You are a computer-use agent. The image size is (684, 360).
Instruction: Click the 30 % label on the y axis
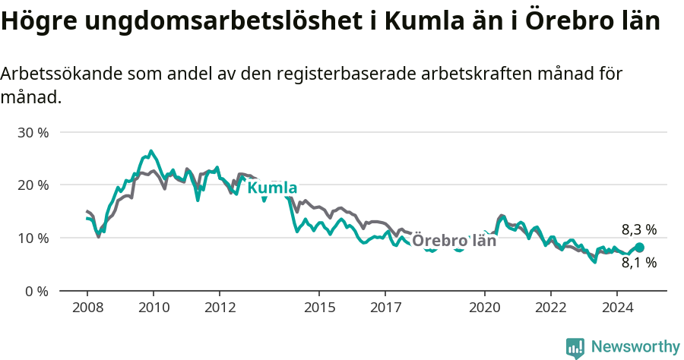click(33, 132)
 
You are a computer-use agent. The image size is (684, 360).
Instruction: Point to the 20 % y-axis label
click(33, 185)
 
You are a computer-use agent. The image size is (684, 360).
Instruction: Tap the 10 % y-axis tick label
click(33, 238)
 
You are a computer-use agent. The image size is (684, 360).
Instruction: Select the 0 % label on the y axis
click(36, 292)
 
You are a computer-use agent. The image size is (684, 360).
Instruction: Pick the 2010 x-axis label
click(153, 308)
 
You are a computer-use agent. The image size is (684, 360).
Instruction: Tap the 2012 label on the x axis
click(219, 308)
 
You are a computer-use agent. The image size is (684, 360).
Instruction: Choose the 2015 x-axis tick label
click(318, 308)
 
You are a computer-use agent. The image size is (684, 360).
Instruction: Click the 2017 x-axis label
click(385, 308)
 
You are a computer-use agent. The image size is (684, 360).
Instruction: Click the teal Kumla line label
click(272, 188)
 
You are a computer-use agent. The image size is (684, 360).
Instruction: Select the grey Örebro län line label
click(454, 241)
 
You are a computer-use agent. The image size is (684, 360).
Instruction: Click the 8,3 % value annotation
click(638, 229)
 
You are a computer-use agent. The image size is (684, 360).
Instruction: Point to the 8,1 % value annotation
click(638, 264)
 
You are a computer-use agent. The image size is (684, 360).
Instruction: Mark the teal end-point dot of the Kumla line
click(639, 248)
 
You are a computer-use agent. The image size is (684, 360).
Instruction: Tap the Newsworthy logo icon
click(575, 347)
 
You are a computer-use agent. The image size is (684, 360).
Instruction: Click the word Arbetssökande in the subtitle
click(61, 74)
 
